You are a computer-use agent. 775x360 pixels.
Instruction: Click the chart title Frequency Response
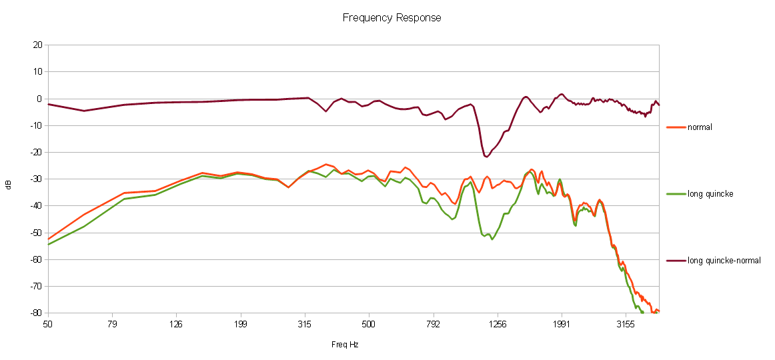392,17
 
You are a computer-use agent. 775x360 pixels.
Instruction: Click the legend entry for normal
700,127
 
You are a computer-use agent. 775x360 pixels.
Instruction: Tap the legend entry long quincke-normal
724,261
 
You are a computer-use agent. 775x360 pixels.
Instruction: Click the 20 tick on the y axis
37,45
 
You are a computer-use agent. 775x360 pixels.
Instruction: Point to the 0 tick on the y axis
39,99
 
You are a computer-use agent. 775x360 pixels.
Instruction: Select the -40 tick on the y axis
36,206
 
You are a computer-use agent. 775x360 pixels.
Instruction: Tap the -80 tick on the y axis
36,313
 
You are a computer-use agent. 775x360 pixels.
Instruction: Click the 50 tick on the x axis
47,325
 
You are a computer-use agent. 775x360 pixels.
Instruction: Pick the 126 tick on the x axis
176,325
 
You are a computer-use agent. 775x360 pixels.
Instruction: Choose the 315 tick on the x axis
305,325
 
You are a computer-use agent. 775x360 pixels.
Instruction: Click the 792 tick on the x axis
434,325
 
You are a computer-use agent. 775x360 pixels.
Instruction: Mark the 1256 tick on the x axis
498,325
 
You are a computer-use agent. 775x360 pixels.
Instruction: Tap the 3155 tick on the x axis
626,325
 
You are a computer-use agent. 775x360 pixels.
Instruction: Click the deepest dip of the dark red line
486,157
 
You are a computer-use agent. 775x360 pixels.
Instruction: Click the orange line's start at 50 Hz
48,239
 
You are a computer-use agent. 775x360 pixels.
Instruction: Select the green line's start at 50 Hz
48,245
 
